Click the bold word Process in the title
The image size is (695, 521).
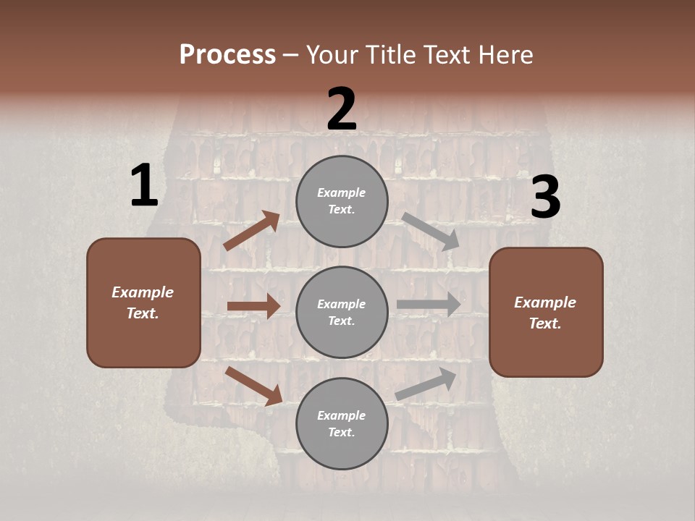(x=227, y=54)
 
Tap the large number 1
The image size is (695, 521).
(x=144, y=186)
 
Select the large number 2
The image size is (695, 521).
(x=342, y=109)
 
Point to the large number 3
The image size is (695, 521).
(x=545, y=198)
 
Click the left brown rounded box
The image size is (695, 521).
(x=143, y=302)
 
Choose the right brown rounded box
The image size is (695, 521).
(x=546, y=312)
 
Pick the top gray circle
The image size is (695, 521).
(x=342, y=201)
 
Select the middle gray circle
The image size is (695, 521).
(x=342, y=312)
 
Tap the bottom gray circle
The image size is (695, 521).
(x=342, y=423)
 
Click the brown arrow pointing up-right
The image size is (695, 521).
(x=252, y=230)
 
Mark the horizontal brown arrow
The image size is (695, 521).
(x=253, y=306)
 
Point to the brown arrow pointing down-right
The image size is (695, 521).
(x=253, y=385)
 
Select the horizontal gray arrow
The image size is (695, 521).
(x=429, y=304)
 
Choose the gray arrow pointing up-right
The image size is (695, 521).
(x=426, y=384)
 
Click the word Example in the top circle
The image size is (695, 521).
(x=342, y=193)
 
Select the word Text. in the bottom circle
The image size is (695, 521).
(x=342, y=432)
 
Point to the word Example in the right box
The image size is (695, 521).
(x=545, y=302)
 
